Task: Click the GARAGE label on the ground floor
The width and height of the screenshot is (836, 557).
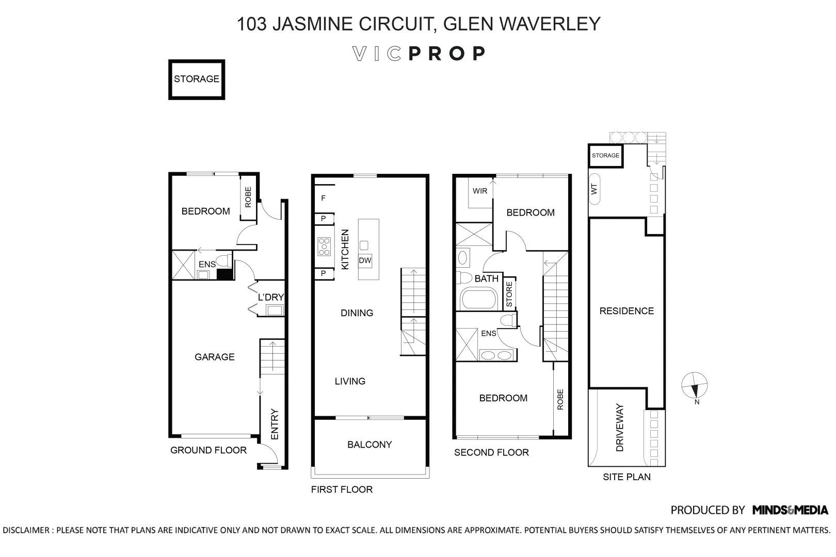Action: coord(214,357)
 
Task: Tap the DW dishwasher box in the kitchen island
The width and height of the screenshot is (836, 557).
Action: coord(365,260)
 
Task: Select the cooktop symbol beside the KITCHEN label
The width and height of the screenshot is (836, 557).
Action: coord(324,247)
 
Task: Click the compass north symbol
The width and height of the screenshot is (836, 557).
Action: coord(694,386)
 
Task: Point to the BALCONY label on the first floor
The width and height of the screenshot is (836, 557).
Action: coord(369,445)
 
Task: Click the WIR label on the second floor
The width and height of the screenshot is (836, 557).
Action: coord(479,191)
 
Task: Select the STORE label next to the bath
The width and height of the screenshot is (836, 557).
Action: coord(509,294)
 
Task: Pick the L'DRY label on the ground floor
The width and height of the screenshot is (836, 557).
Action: coord(271,298)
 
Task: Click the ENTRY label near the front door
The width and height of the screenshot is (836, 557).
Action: coord(274,424)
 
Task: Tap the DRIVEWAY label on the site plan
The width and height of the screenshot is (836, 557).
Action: coord(620,428)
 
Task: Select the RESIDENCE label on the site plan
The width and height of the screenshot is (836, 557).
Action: coord(626,311)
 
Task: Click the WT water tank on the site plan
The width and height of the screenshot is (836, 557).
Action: coord(594,189)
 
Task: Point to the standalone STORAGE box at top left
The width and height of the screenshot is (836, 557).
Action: coord(197,79)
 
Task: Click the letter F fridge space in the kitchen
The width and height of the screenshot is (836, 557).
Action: coord(324,199)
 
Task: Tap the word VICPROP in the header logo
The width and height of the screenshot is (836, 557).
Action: coord(419,54)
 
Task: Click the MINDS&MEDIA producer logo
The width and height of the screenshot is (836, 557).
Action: coord(790,510)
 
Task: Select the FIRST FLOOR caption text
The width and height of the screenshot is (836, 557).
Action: coord(342,489)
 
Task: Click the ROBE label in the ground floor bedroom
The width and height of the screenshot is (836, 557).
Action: coord(248,198)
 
